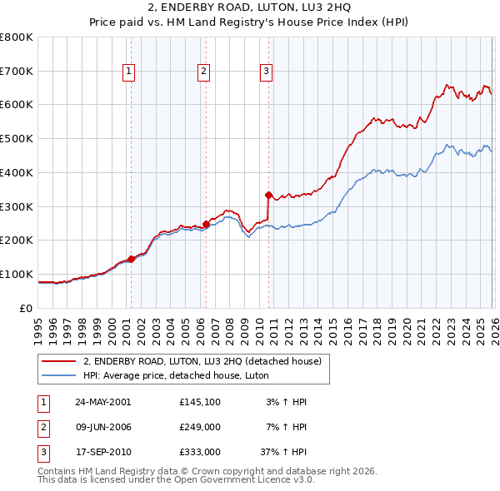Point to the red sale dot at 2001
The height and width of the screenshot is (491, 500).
[x=132, y=259]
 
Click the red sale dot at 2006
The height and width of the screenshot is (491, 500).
[x=206, y=223]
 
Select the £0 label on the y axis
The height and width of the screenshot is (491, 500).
[x=26, y=308]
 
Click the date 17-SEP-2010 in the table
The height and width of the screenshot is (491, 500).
[x=102, y=454]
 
